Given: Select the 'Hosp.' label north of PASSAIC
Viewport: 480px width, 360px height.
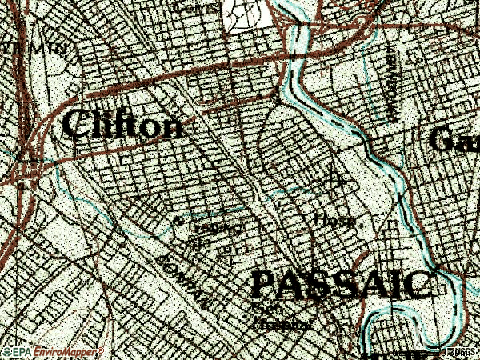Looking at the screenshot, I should (x=334, y=220).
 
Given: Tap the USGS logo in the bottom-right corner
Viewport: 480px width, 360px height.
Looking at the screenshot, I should (x=462, y=352).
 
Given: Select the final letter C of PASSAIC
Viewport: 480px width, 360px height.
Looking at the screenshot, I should (x=417, y=285).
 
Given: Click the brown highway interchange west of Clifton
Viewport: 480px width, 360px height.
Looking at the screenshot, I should (x=24, y=164).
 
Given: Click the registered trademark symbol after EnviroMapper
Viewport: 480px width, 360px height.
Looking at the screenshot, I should (x=101, y=350).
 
